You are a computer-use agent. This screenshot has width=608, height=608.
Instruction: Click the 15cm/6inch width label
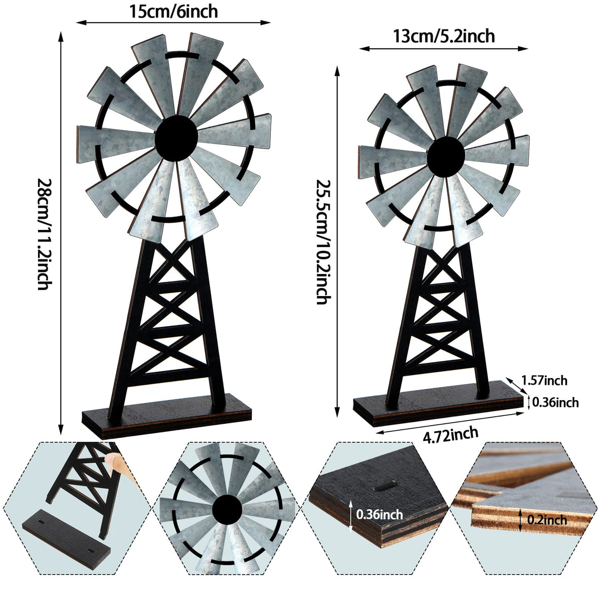(173, 11)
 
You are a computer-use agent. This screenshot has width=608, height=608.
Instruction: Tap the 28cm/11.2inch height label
(44, 234)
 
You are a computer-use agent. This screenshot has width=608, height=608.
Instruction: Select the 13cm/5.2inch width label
(444, 37)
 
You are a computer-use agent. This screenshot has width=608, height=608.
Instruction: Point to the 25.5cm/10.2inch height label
(323, 242)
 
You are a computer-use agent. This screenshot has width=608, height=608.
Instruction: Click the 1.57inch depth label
(544, 381)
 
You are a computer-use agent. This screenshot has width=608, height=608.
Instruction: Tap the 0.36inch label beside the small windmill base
(555, 402)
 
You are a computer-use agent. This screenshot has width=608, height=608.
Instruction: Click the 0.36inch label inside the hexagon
(379, 514)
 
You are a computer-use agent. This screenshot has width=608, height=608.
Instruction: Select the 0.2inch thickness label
(547, 520)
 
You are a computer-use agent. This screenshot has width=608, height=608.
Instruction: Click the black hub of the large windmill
(176, 138)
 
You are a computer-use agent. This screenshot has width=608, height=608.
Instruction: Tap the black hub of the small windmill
(445, 156)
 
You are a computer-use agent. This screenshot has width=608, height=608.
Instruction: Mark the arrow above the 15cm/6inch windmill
(173, 23)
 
